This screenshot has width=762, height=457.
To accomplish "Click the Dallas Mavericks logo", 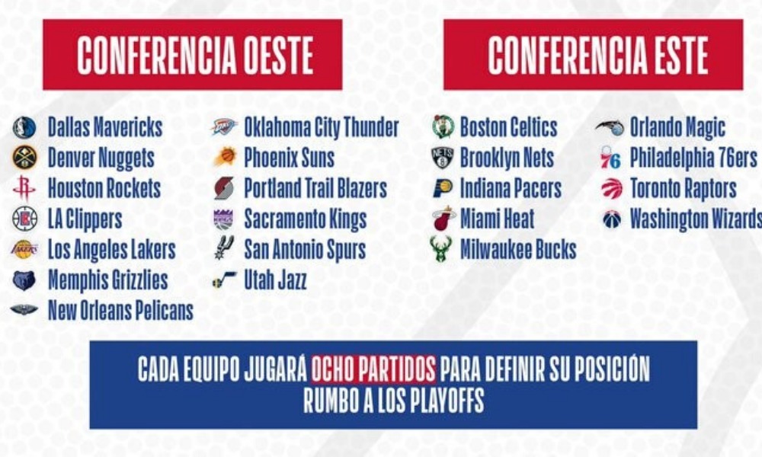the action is (x=24, y=128).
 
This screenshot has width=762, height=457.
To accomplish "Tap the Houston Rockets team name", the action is (x=104, y=188).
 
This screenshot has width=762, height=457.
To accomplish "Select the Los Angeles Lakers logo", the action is (x=24, y=250).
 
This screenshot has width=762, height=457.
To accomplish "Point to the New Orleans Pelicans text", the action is (x=120, y=311).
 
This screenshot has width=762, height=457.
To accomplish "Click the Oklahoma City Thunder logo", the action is (x=224, y=126).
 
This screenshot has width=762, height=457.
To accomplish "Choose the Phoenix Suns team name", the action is (x=289, y=158).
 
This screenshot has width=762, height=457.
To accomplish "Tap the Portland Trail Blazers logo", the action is (x=224, y=188).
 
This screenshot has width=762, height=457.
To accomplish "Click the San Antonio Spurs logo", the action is (x=225, y=248).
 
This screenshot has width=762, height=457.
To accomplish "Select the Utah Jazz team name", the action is (x=275, y=280).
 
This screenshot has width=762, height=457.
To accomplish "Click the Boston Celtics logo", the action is (x=443, y=126).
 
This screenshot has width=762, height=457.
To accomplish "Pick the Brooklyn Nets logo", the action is (x=442, y=158).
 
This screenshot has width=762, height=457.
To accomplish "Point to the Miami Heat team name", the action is (x=497, y=219).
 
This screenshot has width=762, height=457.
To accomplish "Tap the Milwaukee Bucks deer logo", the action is (x=440, y=249).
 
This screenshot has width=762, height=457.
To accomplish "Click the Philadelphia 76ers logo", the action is (x=610, y=158).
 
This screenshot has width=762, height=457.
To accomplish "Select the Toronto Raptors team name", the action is (x=684, y=188).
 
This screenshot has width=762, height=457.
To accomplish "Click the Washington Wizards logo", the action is (x=611, y=219).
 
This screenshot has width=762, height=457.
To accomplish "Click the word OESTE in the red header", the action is (x=278, y=55).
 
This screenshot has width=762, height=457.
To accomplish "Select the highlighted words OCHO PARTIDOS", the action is (x=373, y=369).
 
